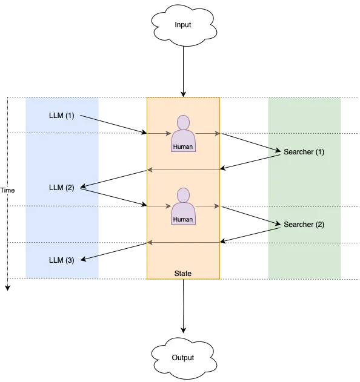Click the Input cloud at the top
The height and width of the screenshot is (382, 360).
pyautogui.click(x=182, y=25)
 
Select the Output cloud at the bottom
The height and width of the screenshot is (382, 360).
pyautogui.click(x=182, y=357)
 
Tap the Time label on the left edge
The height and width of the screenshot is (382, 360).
pyautogui.click(x=8, y=190)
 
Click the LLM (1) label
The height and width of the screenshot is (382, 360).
pyautogui.click(x=61, y=115)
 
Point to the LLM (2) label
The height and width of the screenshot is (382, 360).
pyautogui.click(x=61, y=187)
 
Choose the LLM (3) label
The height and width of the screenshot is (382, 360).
pyautogui.click(x=61, y=260)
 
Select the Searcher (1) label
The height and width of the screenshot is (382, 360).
pyautogui.click(x=304, y=152)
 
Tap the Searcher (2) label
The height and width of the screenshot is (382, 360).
pyautogui.click(x=304, y=225)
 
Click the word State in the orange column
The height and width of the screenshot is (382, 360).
pyautogui.click(x=182, y=274)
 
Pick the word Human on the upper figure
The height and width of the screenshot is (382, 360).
pyautogui.click(x=183, y=147)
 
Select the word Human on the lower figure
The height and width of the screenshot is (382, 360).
pyautogui.click(x=183, y=219)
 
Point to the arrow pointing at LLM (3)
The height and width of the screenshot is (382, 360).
pyautogui.click(x=91, y=257)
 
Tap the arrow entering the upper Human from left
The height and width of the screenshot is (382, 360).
pyautogui.click(x=159, y=133)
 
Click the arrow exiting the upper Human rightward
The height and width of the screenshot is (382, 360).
pyautogui.click(x=208, y=133)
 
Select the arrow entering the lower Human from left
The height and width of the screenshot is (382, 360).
pyautogui.click(x=159, y=206)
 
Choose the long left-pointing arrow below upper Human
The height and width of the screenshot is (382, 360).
pyautogui.click(x=183, y=170)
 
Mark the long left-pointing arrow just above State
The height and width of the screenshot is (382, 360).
pyautogui.click(x=183, y=243)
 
